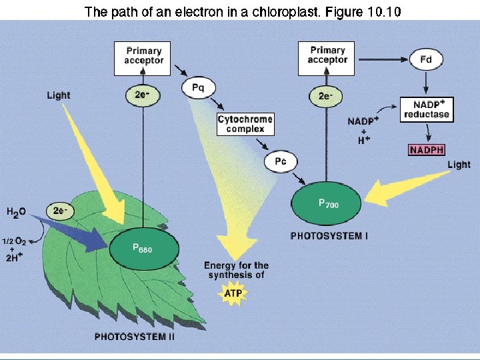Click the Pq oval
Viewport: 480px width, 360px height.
point(198,87)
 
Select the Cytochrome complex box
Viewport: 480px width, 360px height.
point(245,124)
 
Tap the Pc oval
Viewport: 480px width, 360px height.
point(281,161)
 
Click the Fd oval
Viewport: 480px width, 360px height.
point(425,60)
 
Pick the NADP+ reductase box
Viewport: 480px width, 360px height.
point(427,110)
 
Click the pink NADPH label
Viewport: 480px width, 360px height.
point(426,149)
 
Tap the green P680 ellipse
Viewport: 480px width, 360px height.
point(143,247)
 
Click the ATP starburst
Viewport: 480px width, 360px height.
point(233,294)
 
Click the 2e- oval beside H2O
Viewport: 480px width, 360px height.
point(60,211)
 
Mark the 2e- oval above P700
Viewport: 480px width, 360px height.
point(326,96)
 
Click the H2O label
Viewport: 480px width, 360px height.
point(17,212)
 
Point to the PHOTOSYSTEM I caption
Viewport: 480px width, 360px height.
point(329,235)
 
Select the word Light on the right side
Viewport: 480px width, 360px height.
point(459,165)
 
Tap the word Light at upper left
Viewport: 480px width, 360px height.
point(59,95)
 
